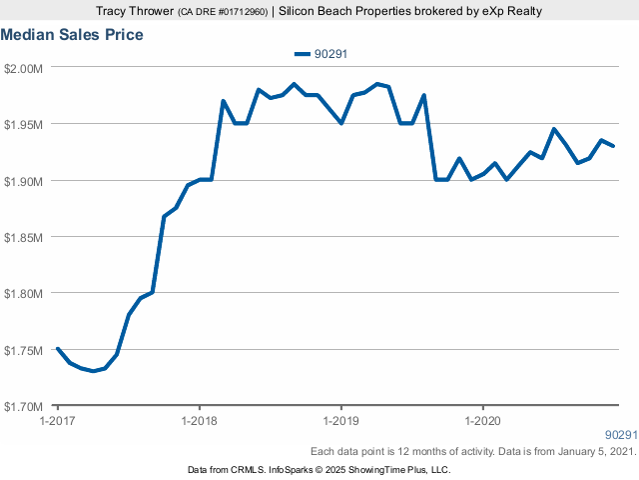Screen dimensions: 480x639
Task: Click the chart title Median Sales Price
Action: click(72, 35)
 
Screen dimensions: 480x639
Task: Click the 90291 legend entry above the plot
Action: click(320, 54)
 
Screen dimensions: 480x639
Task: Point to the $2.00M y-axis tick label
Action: click(23, 68)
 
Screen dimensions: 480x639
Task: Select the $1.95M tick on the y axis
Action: click(23, 125)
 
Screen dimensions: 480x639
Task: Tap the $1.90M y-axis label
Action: click(23, 181)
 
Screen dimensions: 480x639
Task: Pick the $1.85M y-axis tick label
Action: click(23, 238)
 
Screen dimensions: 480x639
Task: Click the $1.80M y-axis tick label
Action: click(23, 294)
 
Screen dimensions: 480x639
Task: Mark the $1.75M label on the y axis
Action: click(23, 351)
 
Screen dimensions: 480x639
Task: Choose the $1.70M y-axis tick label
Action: click(23, 407)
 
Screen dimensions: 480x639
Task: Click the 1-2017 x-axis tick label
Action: click(58, 420)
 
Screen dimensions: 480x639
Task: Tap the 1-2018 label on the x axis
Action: click(200, 420)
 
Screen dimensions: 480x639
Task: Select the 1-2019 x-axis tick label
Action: click(341, 420)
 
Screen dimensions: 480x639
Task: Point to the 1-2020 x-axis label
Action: click(483, 420)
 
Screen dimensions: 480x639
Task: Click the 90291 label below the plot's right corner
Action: click(621, 436)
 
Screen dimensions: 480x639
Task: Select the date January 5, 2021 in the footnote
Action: click(590, 452)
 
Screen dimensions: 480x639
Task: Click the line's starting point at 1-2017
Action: click(58, 349)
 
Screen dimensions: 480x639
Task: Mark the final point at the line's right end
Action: click(613, 146)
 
